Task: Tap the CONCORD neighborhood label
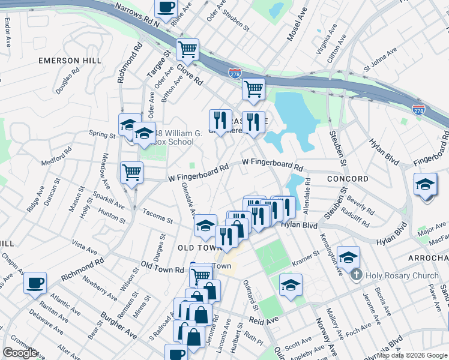348,179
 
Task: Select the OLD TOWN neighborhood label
196,247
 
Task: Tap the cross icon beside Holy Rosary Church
356,276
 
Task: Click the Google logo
20,353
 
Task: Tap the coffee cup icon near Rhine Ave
166,8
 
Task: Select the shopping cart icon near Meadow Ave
131,172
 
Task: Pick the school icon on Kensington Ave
348,257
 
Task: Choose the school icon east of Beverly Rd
425,184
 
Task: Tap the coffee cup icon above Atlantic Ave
35,283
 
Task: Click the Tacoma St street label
158,215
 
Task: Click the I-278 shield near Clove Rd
235,72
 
